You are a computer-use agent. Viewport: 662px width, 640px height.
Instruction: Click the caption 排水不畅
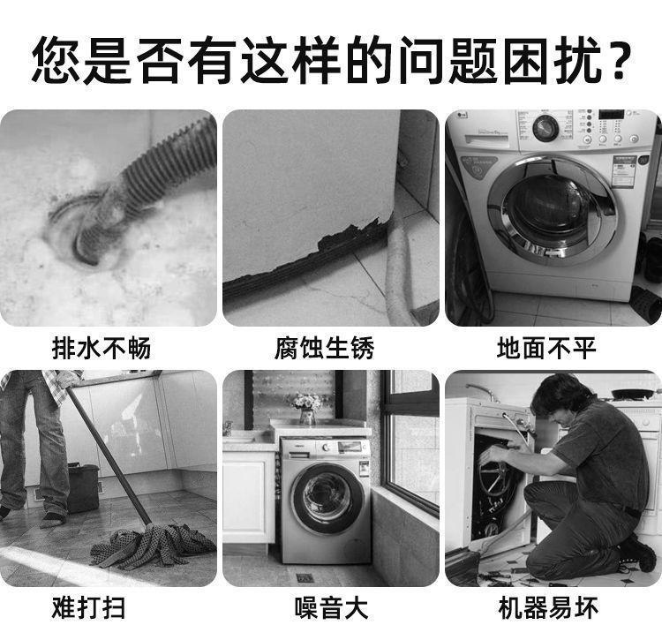(102, 349)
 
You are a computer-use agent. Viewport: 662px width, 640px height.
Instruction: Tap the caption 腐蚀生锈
(324, 349)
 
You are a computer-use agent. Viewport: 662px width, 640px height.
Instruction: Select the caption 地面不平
(547, 349)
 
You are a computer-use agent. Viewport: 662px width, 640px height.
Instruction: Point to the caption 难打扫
(102, 609)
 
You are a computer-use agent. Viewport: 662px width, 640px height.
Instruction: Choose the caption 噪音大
(331, 609)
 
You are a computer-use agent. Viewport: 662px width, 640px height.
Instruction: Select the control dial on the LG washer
(545, 128)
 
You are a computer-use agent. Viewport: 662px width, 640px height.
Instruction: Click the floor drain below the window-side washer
(305, 577)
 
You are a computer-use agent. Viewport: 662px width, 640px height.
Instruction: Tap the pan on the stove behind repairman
(632, 393)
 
